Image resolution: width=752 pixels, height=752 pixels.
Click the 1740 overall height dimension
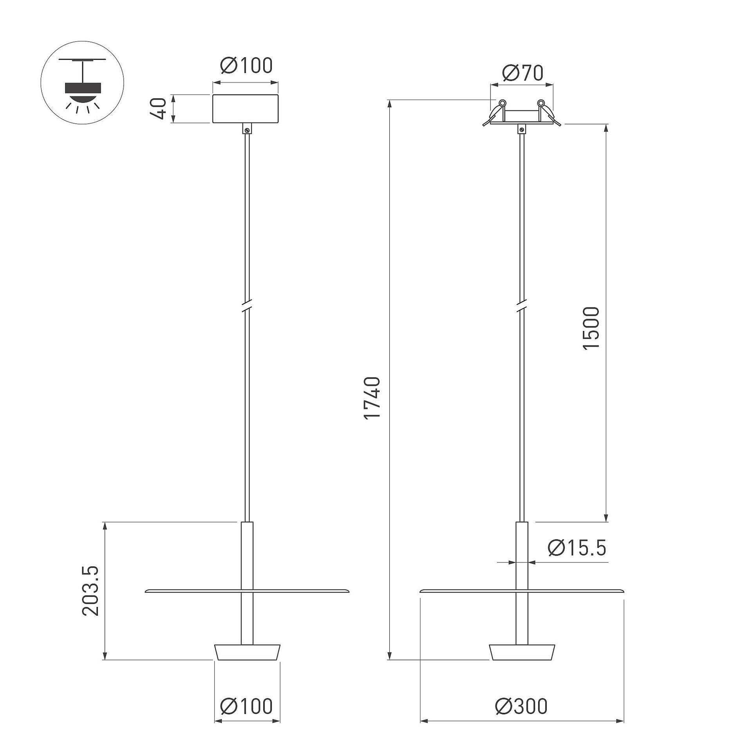(x=372, y=398)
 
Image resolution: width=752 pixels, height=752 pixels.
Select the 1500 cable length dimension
(x=591, y=328)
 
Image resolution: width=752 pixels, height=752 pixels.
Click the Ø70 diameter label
(x=522, y=73)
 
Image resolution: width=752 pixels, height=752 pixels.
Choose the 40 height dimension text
(x=159, y=108)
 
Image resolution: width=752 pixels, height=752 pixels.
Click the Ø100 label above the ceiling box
(x=246, y=65)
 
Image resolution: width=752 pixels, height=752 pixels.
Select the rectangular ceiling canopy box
(x=245, y=108)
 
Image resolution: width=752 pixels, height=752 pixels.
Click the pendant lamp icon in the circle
(x=82, y=83)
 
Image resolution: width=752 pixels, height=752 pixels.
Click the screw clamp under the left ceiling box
(x=247, y=129)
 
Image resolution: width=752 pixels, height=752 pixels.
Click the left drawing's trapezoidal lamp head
(x=247, y=653)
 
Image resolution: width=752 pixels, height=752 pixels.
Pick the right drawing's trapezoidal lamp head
(x=522, y=653)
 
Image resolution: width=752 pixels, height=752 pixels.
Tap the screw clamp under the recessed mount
(x=521, y=129)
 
